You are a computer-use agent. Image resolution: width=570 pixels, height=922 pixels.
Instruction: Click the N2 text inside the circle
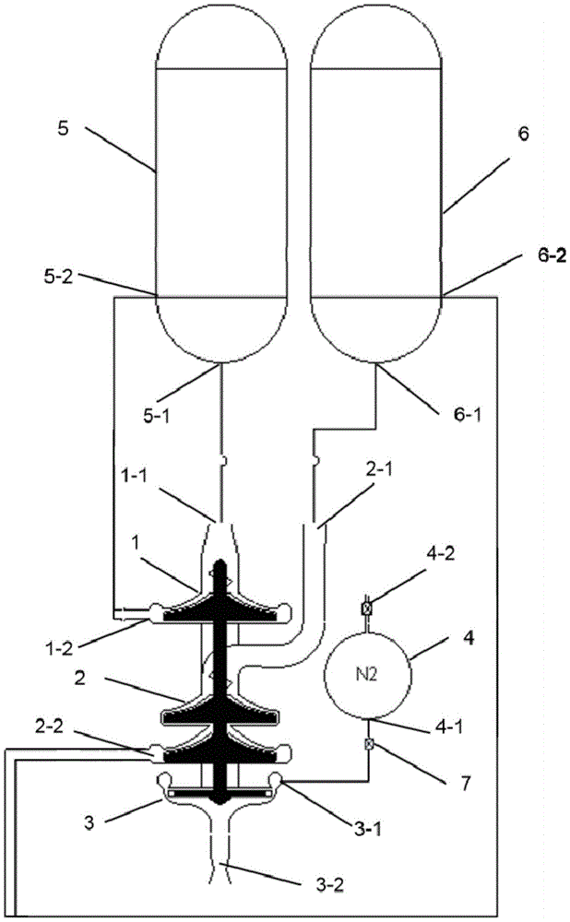(x=366, y=675)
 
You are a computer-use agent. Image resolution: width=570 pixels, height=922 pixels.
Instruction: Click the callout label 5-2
(x=58, y=277)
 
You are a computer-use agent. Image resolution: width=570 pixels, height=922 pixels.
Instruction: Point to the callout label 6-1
(x=467, y=416)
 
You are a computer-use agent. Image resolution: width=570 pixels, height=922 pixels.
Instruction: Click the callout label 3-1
(x=366, y=829)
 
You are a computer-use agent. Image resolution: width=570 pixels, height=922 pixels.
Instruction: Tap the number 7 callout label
(x=465, y=784)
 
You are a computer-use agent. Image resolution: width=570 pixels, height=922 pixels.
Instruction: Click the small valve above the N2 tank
(x=366, y=608)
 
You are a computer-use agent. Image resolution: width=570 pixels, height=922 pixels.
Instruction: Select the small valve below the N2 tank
(x=370, y=744)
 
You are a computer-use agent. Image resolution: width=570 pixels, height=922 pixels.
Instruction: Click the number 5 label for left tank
(x=64, y=129)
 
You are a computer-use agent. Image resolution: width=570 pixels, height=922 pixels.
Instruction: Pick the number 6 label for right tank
(x=523, y=134)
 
